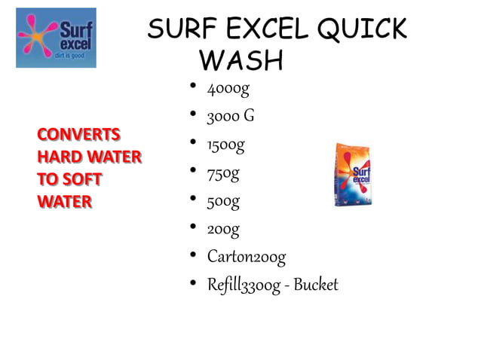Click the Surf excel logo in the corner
click(x=56, y=38)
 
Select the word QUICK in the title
click(x=362, y=30)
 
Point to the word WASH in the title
click(x=244, y=60)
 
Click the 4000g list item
click(x=228, y=89)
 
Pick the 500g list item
click(x=224, y=201)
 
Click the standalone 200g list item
click(x=224, y=229)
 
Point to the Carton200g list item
click(x=247, y=257)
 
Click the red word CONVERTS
click(x=78, y=135)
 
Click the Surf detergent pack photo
click(x=353, y=174)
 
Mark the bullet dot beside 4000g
click(x=194, y=87)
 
